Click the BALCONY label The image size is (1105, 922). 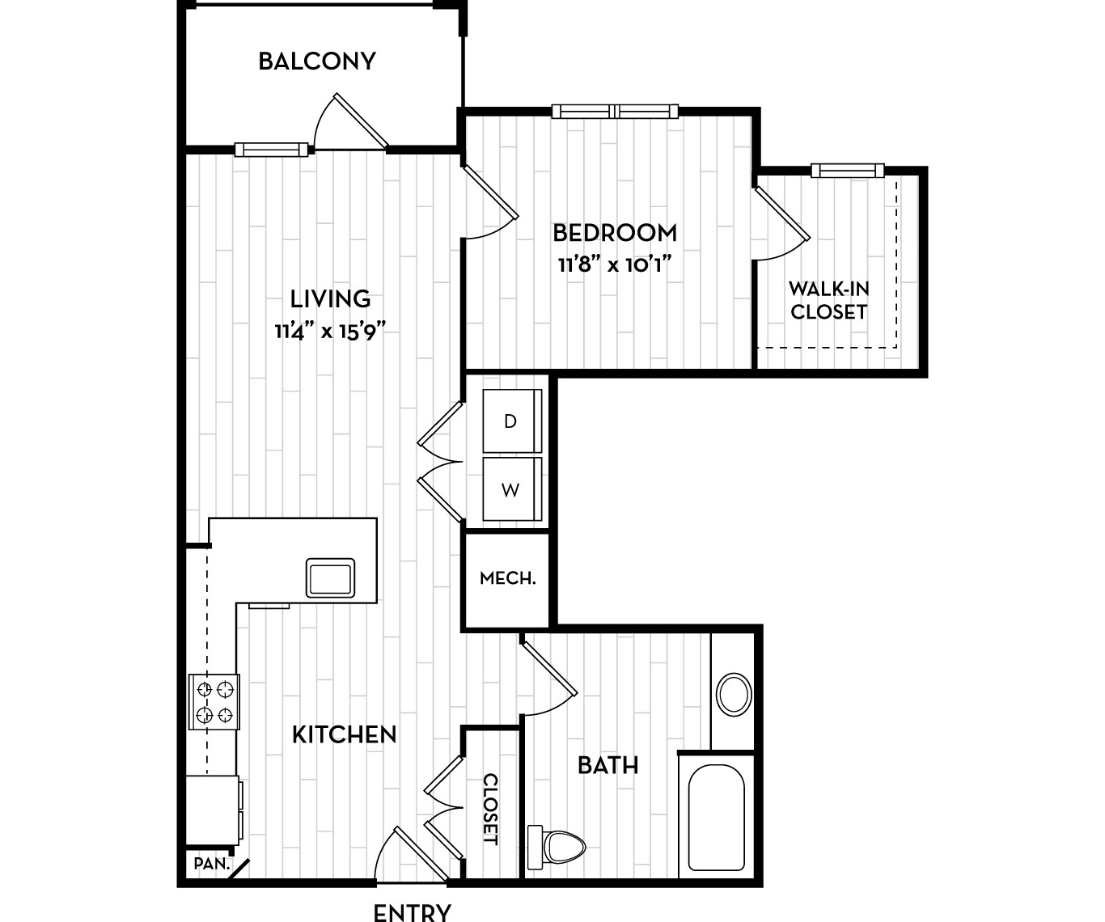click(x=317, y=61)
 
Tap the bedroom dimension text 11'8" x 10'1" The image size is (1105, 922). click(x=615, y=264)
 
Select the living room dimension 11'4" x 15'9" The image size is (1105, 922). click(x=329, y=331)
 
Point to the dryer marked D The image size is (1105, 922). click(x=511, y=421)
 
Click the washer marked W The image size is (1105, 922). click(x=511, y=490)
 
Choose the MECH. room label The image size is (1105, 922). click(x=507, y=578)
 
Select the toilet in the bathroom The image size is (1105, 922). click(x=558, y=847)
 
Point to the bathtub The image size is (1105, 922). click(x=716, y=817)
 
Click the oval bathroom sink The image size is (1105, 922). click(x=735, y=694)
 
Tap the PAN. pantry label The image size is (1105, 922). click(x=212, y=864)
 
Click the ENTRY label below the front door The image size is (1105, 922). click(x=412, y=912)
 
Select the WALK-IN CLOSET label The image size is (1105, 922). click(x=828, y=300)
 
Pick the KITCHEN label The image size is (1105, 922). click(x=344, y=734)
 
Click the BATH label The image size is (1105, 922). click(x=608, y=765)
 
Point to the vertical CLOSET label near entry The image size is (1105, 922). click(x=490, y=809)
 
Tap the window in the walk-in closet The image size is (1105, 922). click(x=847, y=170)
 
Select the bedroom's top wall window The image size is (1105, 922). click(x=615, y=112)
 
